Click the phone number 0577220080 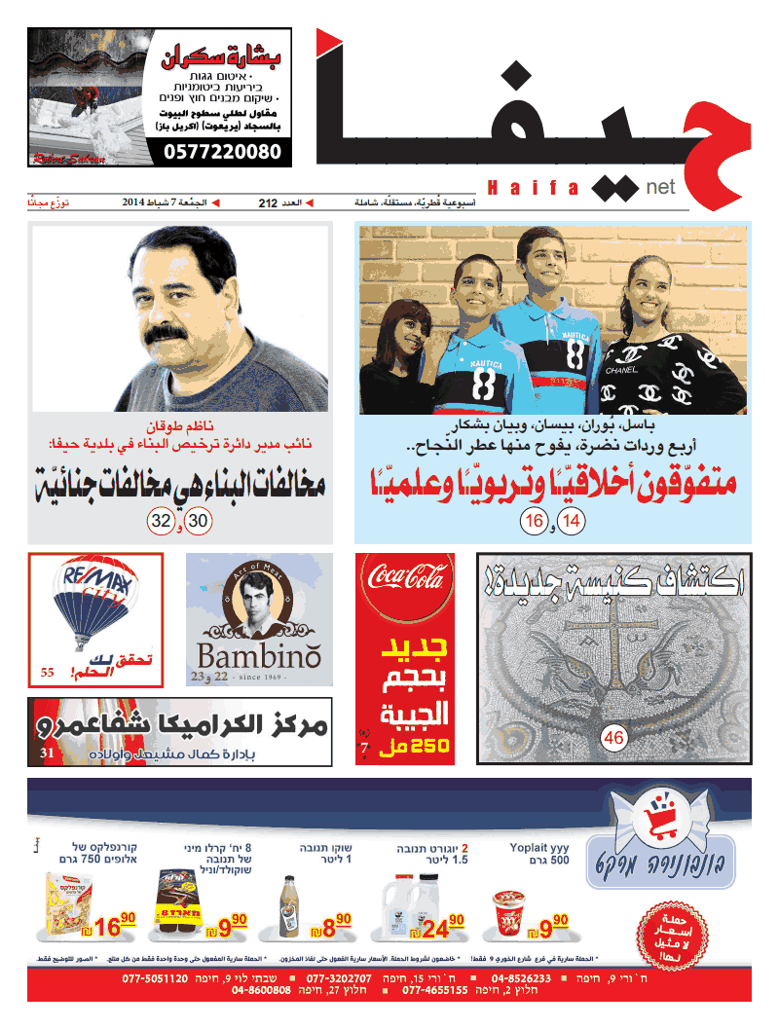(x=221, y=152)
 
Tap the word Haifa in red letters (x=534, y=187)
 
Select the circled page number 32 (x=161, y=522)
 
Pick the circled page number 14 (x=573, y=522)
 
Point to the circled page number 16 (x=534, y=522)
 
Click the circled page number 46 (x=613, y=738)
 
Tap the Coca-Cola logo (x=405, y=585)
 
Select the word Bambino (x=258, y=653)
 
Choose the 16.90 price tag (x=112, y=927)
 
